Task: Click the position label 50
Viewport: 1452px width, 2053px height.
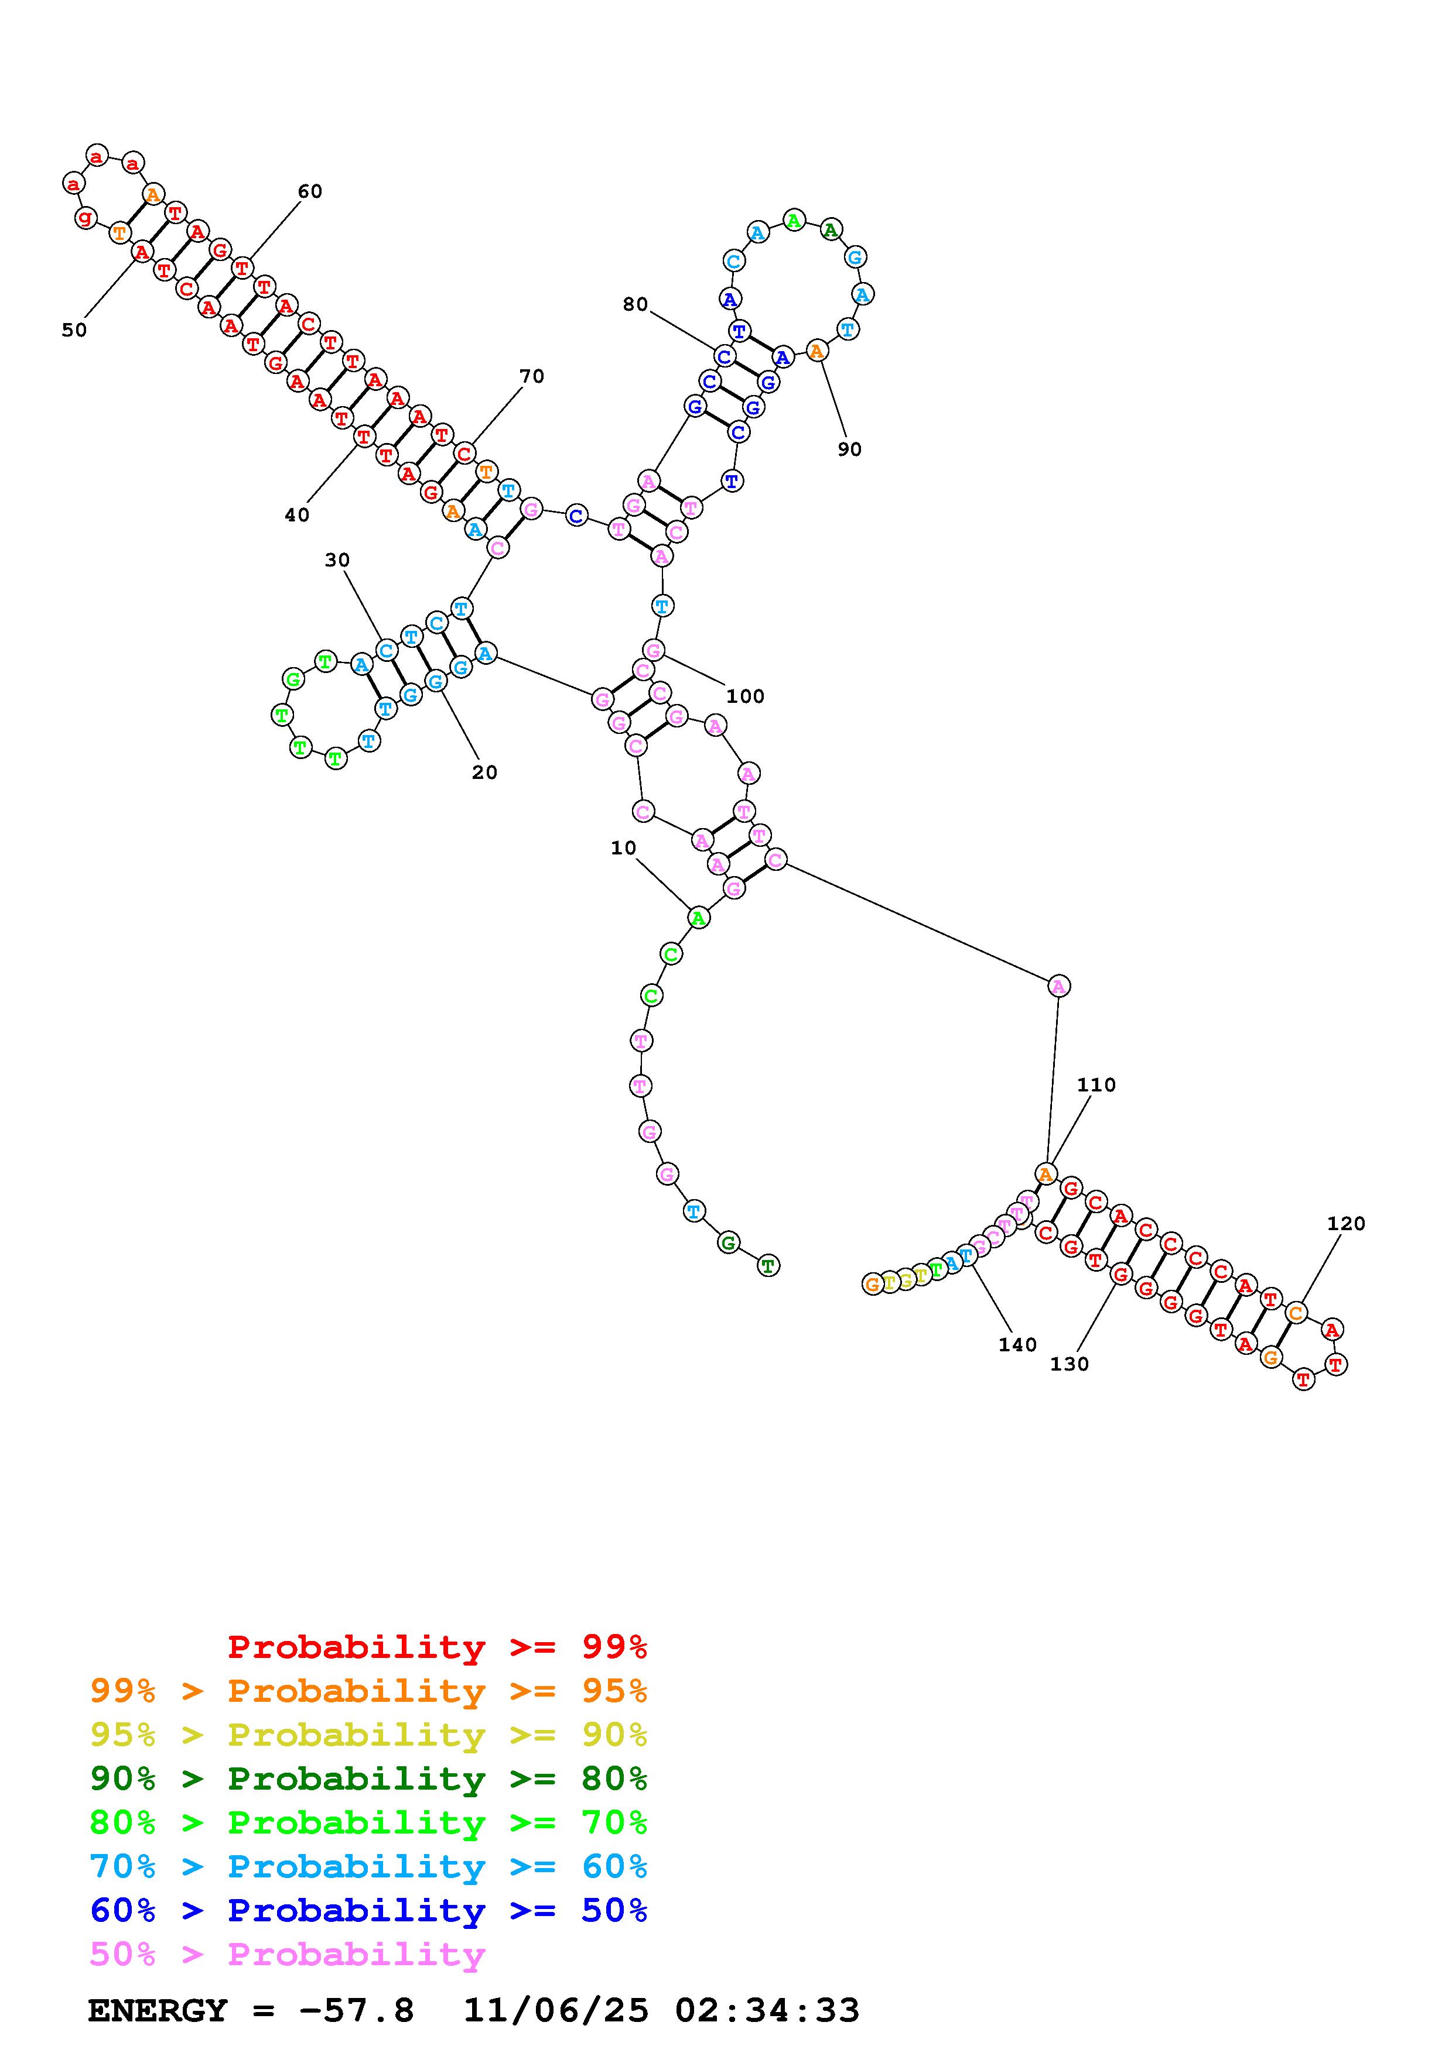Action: click(74, 330)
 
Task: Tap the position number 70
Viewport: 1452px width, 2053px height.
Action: click(531, 376)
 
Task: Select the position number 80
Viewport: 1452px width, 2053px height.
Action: click(634, 305)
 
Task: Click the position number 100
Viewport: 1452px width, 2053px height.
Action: click(744, 696)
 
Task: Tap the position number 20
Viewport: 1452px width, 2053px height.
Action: click(484, 773)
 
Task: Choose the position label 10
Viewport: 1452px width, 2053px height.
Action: click(624, 847)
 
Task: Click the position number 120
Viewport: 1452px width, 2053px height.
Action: click(1345, 1224)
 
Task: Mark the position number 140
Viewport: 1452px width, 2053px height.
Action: click(1017, 1345)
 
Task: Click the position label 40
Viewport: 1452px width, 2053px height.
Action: click(297, 515)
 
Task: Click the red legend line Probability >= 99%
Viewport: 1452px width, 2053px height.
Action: click(438, 1646)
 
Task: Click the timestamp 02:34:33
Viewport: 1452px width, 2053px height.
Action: click(767, 2010)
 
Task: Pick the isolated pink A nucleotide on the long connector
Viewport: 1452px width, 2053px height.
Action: click(1058, 986)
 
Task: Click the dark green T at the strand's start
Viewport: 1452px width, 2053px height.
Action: click(768, 1265)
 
